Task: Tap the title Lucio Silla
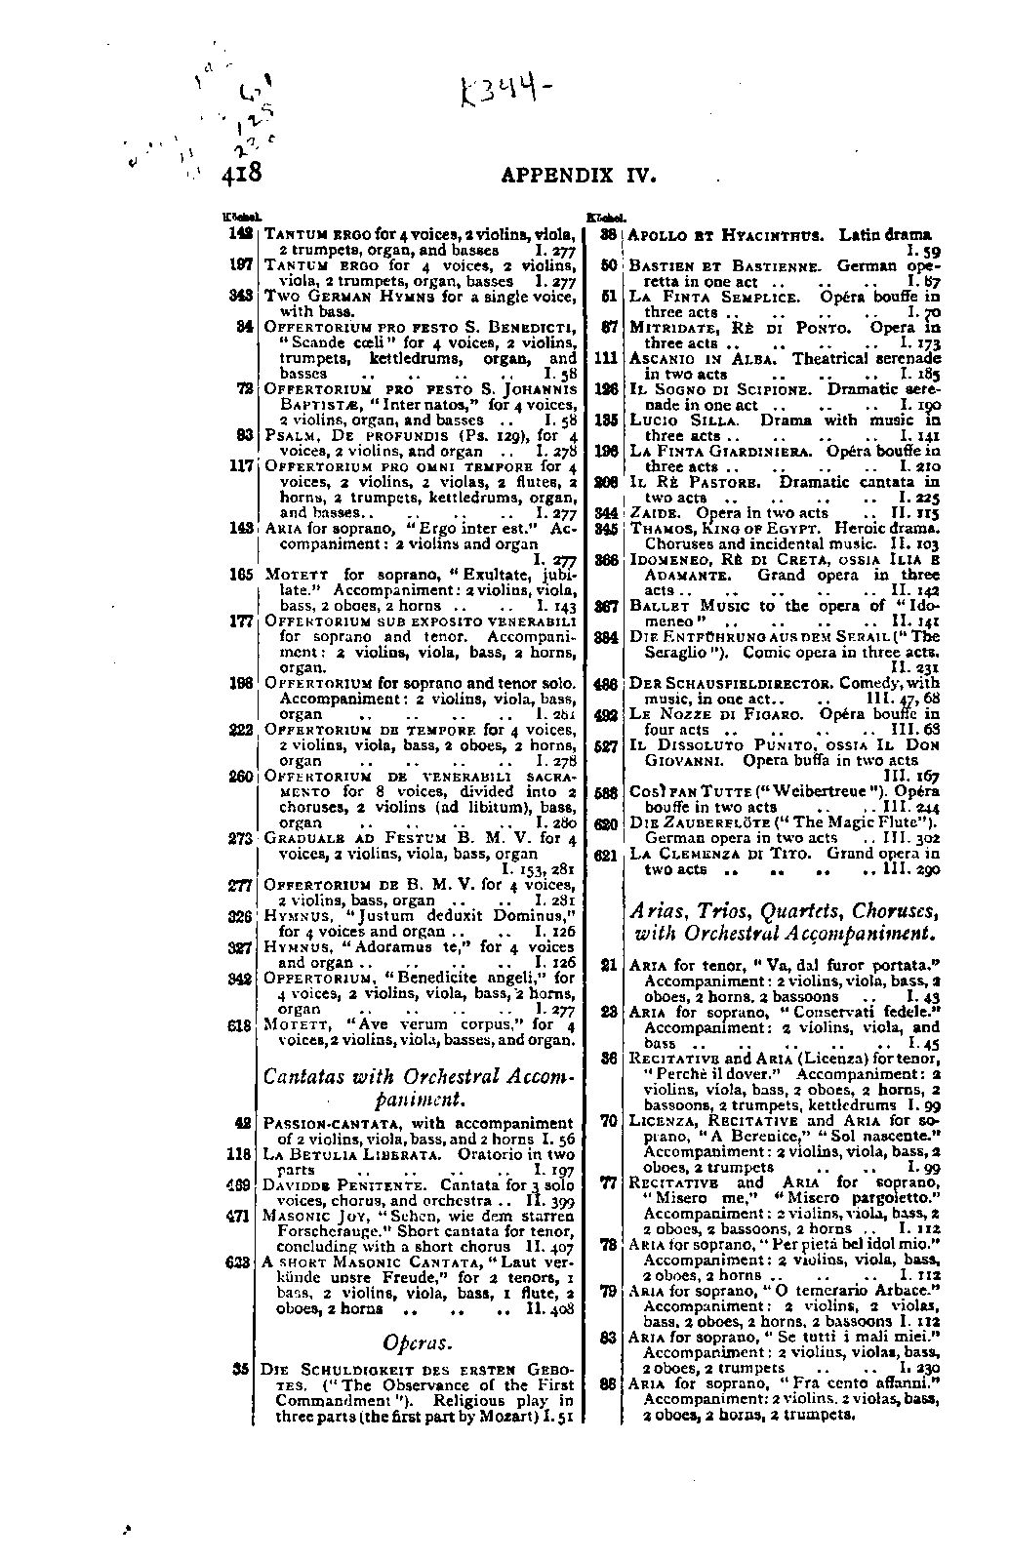click(684, 420)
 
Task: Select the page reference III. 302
click(911, 839)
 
